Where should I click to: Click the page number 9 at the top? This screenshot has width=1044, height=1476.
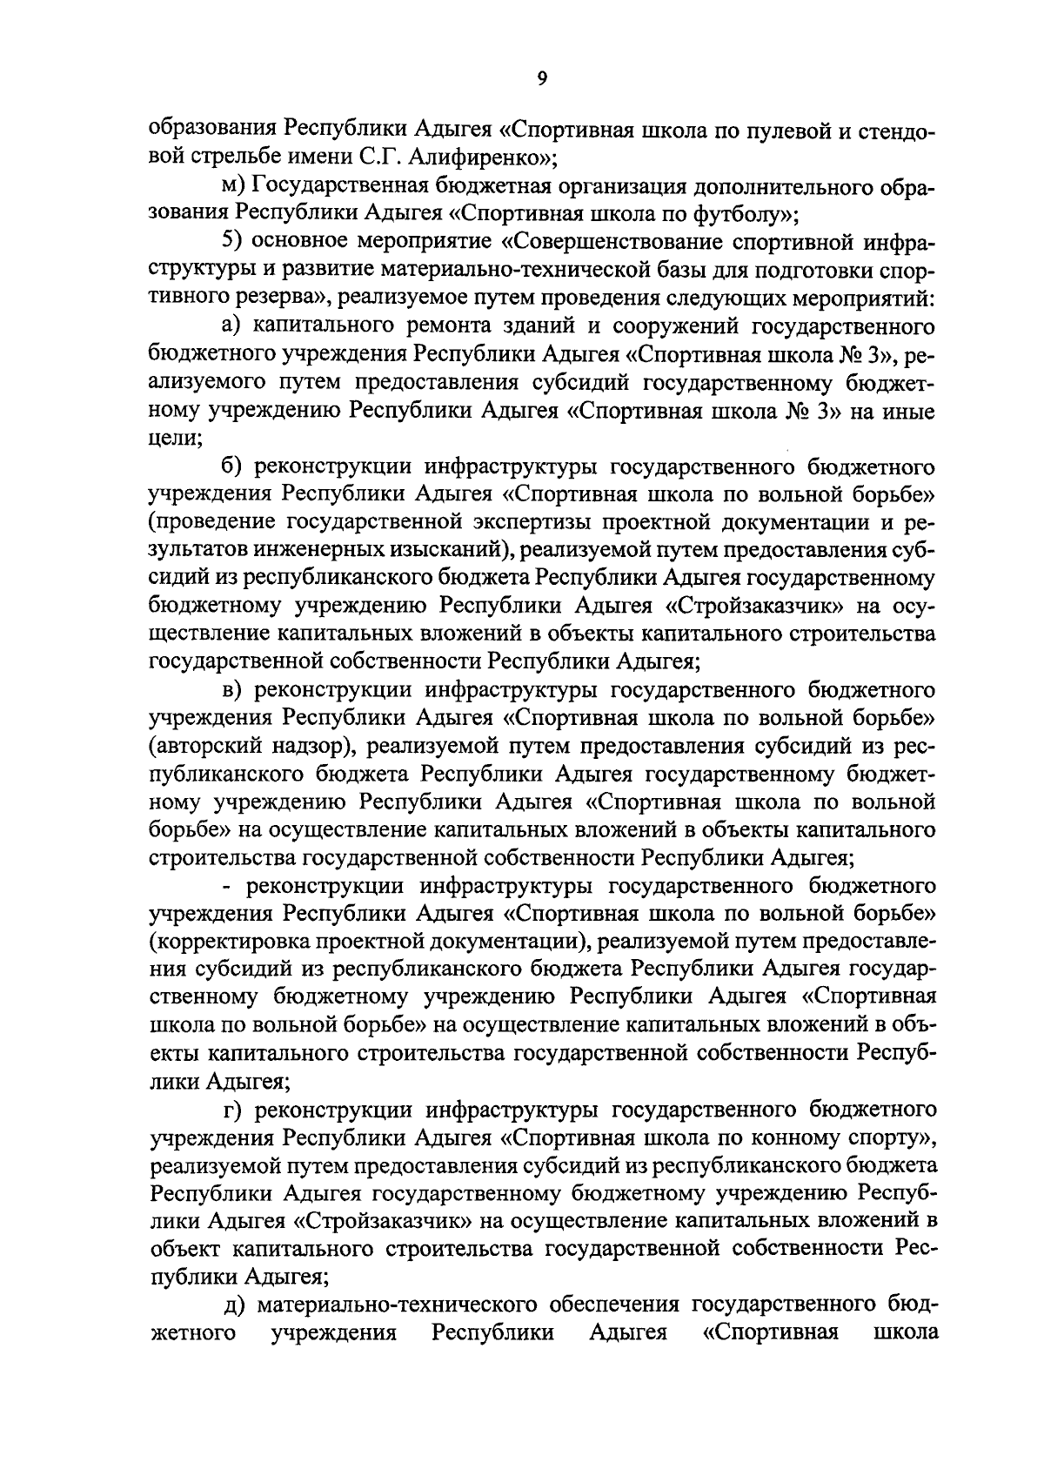542,79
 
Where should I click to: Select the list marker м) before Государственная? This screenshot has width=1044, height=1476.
234,187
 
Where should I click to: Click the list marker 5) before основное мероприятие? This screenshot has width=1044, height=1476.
233,243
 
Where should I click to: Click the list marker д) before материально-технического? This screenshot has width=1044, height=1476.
232,1305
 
